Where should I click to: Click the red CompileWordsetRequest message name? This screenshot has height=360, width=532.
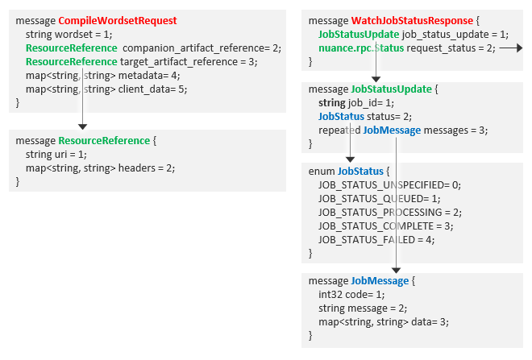click(118, 20)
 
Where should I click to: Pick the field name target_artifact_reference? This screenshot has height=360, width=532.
click(185, 61)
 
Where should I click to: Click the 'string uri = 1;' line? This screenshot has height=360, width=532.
click(56, 154)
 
